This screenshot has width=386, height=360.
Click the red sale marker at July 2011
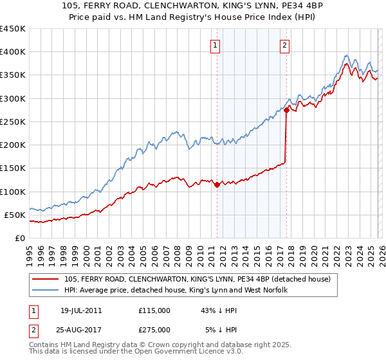(x=217, y=185)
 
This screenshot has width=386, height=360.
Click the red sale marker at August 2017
(x=286, y=111)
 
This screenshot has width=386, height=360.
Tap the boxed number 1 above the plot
(x=214, y=45)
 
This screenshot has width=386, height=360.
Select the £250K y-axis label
(x=12, y=122)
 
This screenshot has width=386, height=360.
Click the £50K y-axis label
(x=15, y=215)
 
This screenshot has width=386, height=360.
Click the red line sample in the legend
(x=46, y=279)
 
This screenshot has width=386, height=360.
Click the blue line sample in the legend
(x=46, y=291)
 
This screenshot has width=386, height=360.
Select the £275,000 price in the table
(x=154, y=329)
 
